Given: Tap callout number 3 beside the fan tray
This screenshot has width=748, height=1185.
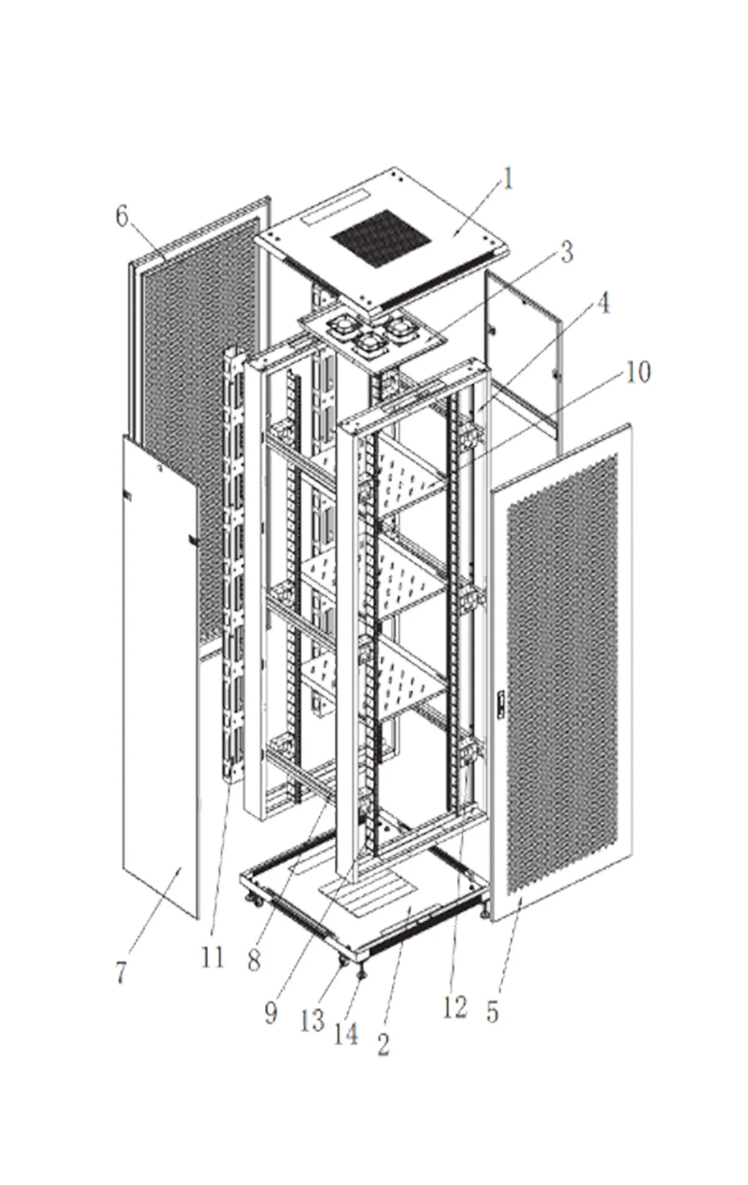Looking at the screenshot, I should point(565,253).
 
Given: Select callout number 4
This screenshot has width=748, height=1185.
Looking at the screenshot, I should point(602,304).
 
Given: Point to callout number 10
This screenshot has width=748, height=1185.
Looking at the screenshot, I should point(638,372).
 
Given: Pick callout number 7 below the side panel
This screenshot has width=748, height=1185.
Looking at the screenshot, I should point(121,973).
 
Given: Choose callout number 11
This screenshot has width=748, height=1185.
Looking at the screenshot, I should point(212,957).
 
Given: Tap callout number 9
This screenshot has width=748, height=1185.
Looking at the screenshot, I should point(271,1013).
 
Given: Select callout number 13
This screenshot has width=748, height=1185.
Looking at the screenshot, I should point(312,1021).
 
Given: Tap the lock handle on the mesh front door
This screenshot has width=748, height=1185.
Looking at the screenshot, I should point(499,703).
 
